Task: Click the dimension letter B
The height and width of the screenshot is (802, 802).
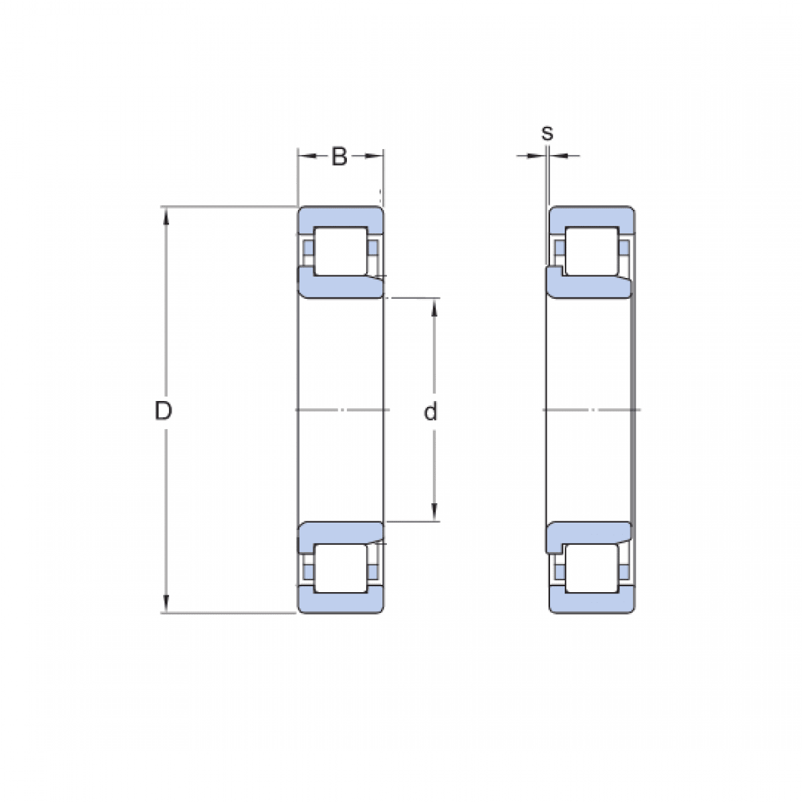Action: [x=340, y=157]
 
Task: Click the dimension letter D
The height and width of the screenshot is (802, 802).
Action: [x=164, y=411]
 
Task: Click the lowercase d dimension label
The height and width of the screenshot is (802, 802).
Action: [x=430, y=412]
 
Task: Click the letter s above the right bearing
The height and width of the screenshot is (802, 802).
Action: [x=547, y=133]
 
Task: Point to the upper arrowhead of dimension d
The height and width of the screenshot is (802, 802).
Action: [x=434, y=306]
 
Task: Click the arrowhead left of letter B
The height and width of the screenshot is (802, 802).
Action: [x=307, y=156]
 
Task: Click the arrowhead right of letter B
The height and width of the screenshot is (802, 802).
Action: [x=375, y=156]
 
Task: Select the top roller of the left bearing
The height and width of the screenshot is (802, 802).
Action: [x=341, y=251]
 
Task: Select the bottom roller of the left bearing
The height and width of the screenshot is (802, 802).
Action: [x=341, y=568]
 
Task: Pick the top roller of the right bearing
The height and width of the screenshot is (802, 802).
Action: [x=591, y=251]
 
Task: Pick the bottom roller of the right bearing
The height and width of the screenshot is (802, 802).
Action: [x=591, y=568]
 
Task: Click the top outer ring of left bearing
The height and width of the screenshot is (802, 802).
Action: [x=341, y=217]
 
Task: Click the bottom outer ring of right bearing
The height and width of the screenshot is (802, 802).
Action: [x=591, y=602]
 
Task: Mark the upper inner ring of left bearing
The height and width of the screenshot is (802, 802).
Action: [x=341, y=287]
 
